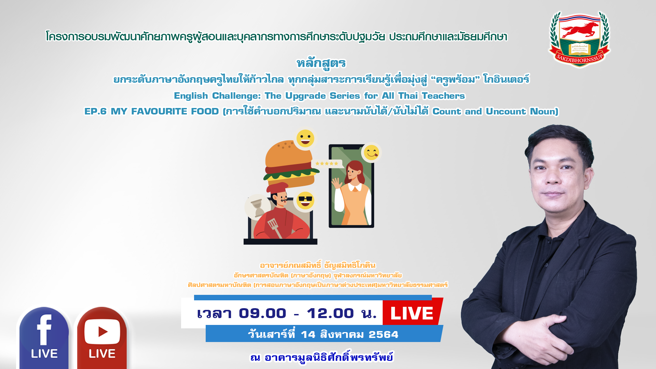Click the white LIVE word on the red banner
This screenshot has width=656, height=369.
(x=412, y=313)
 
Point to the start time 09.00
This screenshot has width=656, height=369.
(x=262, y=313)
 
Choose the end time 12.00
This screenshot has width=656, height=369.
(x=330, y=313)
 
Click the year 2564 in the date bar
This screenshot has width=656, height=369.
(x=383, y=334)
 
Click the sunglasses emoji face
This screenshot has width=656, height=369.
(x=305, y=200)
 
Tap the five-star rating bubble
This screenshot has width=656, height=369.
(x=327, y=164)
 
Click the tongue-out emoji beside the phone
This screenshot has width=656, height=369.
(x=371, y=152)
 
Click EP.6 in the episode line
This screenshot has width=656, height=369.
(x=95, y=111)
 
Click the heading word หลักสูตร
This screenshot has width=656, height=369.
(x=321, y=63)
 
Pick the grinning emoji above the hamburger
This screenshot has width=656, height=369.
(x=305, y=138)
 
